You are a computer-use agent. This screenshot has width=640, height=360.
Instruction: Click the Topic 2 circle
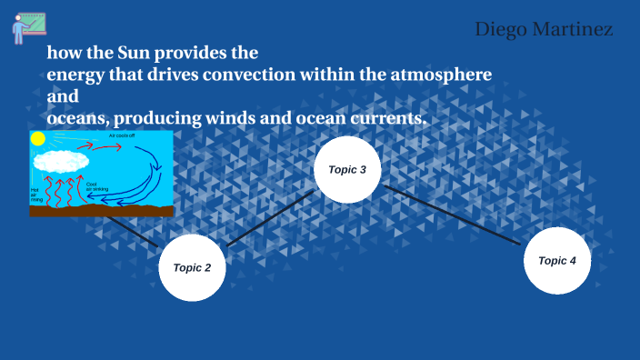[x=192, y=267]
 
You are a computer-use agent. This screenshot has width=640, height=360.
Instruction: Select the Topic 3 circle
[x=346, y=170]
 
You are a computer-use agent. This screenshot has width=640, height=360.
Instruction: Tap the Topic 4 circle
[x=557, y=261]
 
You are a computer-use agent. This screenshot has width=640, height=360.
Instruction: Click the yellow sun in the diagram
[x=37, y=139]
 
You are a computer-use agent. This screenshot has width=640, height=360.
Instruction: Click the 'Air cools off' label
[x=123, y=135]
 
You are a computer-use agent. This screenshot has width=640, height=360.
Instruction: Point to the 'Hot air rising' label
[x=37, y=192]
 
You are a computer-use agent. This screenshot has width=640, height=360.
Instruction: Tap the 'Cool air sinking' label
[x=96, y=187]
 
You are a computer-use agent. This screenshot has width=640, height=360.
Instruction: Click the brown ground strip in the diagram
[x=100, y=211]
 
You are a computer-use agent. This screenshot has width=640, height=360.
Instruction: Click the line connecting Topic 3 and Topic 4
[x=452, y=215]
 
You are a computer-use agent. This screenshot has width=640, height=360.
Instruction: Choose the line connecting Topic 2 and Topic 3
[x=271, y=218]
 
